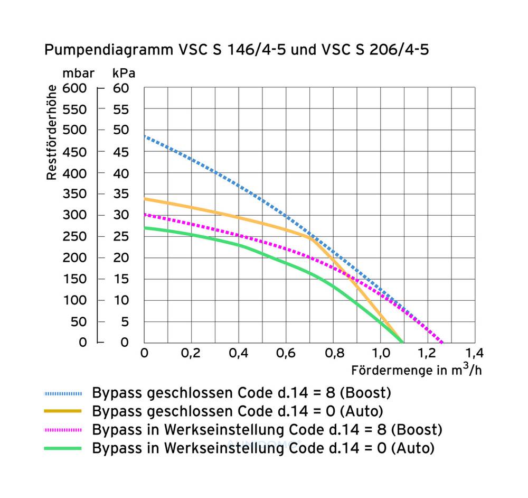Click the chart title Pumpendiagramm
[235, 50]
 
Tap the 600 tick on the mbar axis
[74, 88]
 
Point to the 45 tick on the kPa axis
[121, 152]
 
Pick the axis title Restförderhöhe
[52, 132]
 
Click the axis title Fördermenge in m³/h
[417, 370]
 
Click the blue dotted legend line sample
[63, 393]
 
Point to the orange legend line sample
[63, 411]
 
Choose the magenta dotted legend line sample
[63, 429]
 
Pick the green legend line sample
[63, 448]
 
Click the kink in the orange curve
[308, 237]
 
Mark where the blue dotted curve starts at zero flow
[145, 136]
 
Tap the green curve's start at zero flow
[145, 228]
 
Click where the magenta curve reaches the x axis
[442, 343]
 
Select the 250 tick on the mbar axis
[74, 236]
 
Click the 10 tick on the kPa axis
[121, 300]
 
